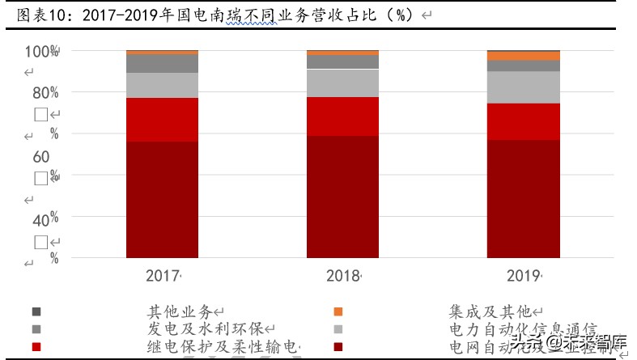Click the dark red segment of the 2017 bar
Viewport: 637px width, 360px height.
[x=163, y=199]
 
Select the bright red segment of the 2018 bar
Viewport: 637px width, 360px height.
[x=342, y=116]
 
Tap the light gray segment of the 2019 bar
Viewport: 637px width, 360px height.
[x=523, y=87]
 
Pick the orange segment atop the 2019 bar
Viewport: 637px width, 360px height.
[x=523, y=56]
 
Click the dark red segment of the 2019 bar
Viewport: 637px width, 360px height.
[x=523, y=198]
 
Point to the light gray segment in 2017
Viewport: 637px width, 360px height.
[x=163, y=85]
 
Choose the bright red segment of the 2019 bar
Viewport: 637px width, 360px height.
[x=523, y=121]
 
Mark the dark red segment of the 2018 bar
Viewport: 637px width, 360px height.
[x=342, y=197]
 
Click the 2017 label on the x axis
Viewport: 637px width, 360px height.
[x=162, y=276]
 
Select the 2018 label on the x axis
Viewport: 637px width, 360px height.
[x=342, y=276]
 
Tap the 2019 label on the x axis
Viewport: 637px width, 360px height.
[x=523, y=276]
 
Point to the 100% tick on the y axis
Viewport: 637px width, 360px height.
[x=41, y=52]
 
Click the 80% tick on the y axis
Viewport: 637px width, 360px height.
[x=45, y=93]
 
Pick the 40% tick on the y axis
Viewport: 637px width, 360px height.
[x=45, y=218]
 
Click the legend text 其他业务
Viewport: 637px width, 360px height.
[x=179, y=311]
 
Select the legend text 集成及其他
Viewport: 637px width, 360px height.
[x=489, y=311]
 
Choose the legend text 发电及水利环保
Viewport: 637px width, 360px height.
[x=206, y=330]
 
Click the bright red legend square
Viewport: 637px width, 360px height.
[x=36, y=348]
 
